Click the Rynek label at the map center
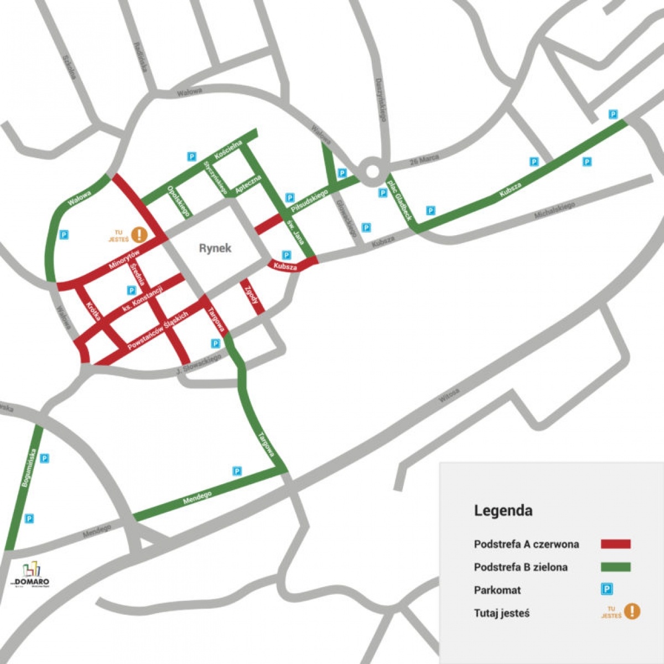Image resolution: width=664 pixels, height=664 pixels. (215, 248)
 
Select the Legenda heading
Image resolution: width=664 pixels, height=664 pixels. (503, 510)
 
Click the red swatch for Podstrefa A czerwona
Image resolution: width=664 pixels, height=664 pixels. (615, 544)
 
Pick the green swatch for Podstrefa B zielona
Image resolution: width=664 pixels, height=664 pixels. (615, 567)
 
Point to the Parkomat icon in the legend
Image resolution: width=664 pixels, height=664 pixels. (607, 590)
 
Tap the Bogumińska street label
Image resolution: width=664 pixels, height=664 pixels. (28, 468)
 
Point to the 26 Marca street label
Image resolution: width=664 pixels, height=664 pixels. (424, 160)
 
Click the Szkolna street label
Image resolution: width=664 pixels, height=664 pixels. (69, 66)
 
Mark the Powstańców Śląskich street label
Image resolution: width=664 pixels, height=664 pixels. (158, 330)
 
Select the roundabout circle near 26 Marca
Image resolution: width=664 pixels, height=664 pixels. (372, 170)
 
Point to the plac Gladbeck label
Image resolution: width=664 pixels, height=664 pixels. (399, 198)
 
